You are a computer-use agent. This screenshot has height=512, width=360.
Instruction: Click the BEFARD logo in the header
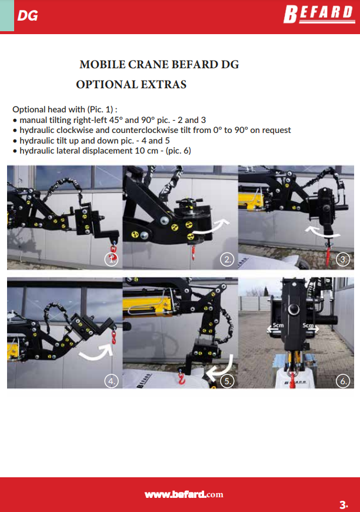point(319,14)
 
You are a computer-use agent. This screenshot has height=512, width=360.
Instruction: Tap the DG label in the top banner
point(28,16)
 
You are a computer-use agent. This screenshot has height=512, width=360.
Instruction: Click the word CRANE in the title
point(148,64)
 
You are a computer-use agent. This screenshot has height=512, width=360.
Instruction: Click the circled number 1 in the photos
point(111,260)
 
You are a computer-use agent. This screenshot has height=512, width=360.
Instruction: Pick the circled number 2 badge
point(227,260)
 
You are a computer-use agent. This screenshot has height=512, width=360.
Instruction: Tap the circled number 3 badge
point(343,260)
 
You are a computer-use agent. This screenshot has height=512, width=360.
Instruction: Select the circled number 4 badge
point(111,381)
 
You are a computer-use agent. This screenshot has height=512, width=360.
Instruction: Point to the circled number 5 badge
point(227,381)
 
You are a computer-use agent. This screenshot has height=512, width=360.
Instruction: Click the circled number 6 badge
point(343,381)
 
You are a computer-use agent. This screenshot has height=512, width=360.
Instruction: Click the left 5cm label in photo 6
point(278,325)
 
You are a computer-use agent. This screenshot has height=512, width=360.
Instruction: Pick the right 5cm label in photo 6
point(308,325)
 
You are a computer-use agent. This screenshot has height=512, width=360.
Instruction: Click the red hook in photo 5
point(181,379)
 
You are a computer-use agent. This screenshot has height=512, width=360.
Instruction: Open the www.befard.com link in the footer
point(184,494)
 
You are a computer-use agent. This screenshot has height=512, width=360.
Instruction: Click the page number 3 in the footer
point(343,504)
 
